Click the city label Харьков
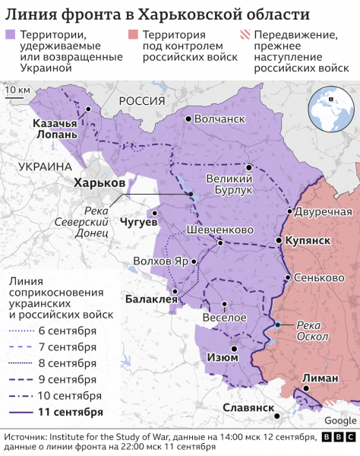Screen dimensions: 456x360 point(99,183)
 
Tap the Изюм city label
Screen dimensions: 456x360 point(221,357)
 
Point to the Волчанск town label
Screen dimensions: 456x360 point(219,119)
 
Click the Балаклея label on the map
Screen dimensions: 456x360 point(150,299)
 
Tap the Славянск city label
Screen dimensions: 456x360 point(248,408)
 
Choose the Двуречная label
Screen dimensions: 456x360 point(323,211)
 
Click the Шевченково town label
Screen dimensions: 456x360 point(219,230)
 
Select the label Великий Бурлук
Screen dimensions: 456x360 point(229,183)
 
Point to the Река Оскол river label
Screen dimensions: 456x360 point(312,331)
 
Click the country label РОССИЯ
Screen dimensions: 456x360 point(136,101)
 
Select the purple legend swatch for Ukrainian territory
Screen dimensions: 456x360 point(10,34)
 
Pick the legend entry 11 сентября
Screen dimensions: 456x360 point(71,412)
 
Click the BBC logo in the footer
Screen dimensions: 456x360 point(337,438)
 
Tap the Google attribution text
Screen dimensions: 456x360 point(339,420)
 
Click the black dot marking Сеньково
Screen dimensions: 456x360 point(286,277)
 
